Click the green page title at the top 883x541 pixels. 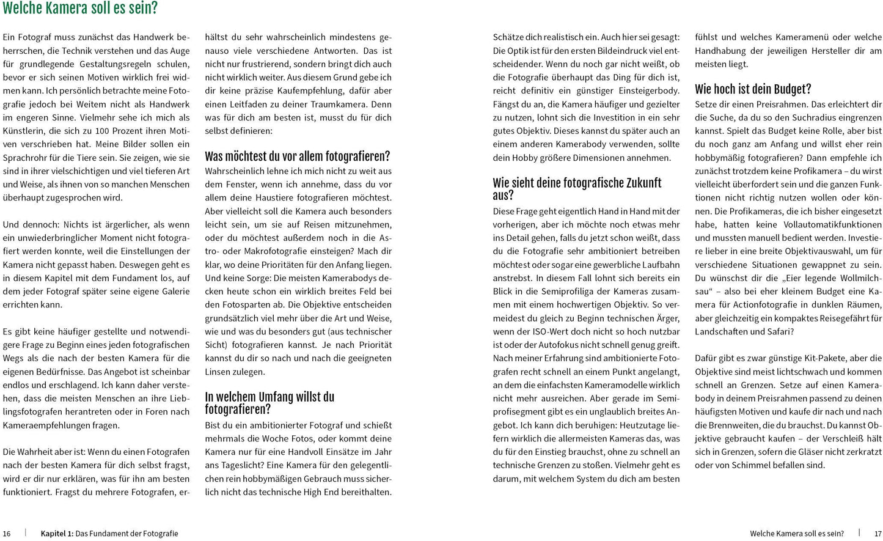coord(80,9)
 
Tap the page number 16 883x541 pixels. coord(7,534)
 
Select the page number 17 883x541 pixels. coord(878,534)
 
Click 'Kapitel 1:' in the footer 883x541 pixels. coord(57,534)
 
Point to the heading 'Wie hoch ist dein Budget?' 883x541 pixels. coord(753,89)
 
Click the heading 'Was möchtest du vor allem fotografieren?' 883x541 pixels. coord(297,156)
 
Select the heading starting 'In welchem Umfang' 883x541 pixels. coord(269,397)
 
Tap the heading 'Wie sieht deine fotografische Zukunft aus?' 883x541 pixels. coord(577,183)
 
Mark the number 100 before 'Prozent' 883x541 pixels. coord(101,131)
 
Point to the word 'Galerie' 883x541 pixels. coord(175,292)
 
